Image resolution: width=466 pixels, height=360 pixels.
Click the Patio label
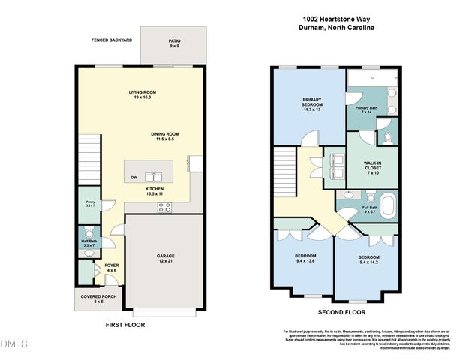(x=174, y=43)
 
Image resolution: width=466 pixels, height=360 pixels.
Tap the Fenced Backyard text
(x=111, y=40)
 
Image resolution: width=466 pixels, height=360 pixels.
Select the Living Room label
(x=141, y=94)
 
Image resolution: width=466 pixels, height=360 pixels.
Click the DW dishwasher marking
(x=134, y=177)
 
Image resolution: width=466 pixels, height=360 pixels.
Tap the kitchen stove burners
(x=163, y=207)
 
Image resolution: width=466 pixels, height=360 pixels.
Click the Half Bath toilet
(x=89, y=231)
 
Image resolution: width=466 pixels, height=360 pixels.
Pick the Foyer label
(x=111, y=267)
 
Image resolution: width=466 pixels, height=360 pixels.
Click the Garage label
(x=165, y=258)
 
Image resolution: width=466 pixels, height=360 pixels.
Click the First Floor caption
(x=124, y=325)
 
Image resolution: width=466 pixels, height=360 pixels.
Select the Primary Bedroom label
(x=311, y=103)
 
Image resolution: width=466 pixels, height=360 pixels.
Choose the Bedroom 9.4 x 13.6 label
(x=305, y=259)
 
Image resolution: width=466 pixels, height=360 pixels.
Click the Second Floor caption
(x=341, y=311)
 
